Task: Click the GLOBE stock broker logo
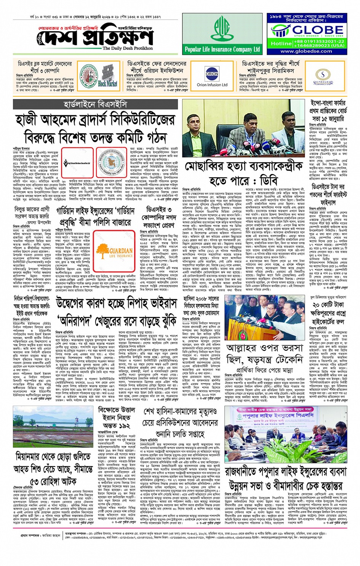click(307, 30)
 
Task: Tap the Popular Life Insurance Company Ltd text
click(222, 49)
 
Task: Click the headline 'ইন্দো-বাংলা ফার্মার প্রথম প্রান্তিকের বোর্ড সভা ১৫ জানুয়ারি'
click(328, 111)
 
